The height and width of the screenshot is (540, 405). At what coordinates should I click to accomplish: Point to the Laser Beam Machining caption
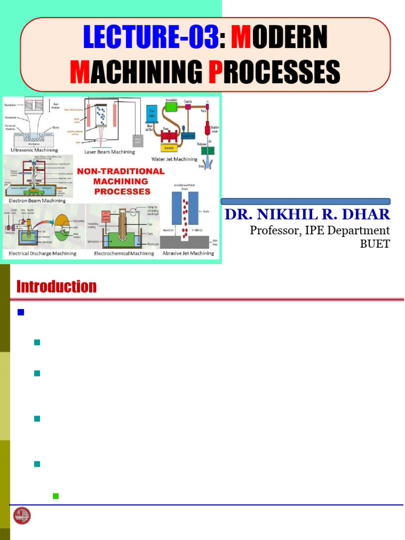[110, 152]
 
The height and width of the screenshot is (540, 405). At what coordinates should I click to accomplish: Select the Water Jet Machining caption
[174, 159]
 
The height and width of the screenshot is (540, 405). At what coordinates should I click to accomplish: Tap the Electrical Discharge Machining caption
[42, 253]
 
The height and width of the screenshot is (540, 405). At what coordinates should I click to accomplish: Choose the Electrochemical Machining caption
[124, 253]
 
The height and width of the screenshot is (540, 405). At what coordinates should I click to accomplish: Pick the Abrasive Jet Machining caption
[188, 253]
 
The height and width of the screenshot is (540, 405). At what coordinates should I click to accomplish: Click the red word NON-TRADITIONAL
[121, 171]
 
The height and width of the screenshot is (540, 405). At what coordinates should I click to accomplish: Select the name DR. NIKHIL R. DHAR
[307, 215]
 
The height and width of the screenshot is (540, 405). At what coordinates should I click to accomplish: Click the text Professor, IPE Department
[320, 230]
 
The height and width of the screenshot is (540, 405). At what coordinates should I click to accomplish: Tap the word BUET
[375, 244]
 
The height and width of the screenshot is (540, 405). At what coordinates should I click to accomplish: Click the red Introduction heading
[56, 287]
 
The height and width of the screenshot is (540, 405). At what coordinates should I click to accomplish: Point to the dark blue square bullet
[21, 312]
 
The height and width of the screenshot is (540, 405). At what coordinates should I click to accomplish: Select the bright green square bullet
[55, 496]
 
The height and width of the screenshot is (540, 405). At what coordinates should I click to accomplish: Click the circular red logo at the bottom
[22, 515]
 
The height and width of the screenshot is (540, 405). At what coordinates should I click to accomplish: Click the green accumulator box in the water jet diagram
[171, 107]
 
